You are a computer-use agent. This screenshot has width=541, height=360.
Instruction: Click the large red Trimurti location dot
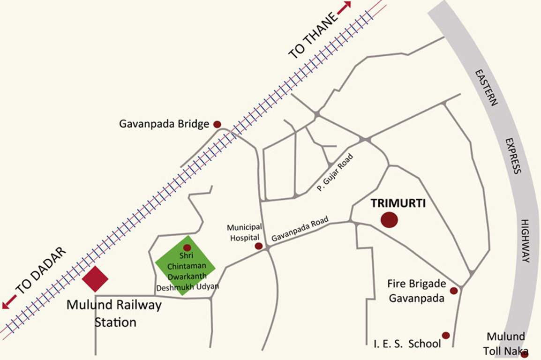[389, 220]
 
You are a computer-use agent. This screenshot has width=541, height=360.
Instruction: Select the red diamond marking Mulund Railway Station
[95, 278]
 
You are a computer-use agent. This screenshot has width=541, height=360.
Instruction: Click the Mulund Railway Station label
[114, 314]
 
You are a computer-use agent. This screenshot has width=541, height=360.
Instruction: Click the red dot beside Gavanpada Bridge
[217, 124]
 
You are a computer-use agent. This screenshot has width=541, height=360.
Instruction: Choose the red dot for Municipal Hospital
[258, 246]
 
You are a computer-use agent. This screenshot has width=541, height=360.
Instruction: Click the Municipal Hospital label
[244, 232]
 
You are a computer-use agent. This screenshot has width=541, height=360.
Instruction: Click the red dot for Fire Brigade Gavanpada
[453, 291]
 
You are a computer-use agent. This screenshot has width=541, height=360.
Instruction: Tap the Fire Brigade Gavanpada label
[416, 291]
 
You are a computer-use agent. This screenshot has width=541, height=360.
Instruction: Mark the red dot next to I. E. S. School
[446, 335]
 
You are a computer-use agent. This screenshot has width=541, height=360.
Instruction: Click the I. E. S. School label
[407, 344]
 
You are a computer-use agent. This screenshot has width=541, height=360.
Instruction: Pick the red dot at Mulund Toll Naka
[525, 353]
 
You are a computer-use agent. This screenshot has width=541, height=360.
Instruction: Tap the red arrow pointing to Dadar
[8, 304]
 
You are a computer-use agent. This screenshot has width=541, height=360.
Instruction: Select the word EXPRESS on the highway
[513, 156]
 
